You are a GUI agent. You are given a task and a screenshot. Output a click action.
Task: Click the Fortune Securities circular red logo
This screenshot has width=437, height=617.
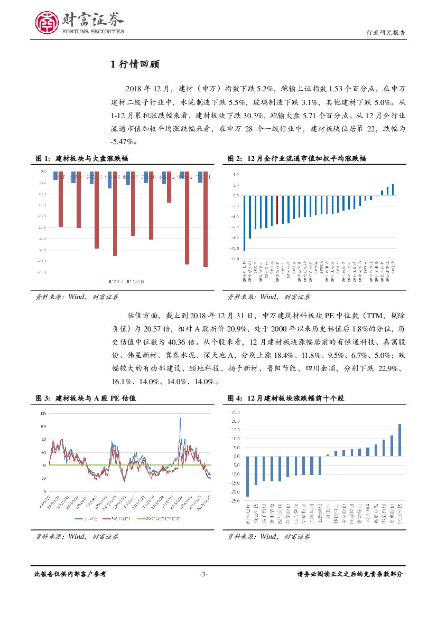[x=47, y=23]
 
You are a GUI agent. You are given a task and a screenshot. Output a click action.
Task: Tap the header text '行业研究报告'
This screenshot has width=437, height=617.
[x=386, y=32]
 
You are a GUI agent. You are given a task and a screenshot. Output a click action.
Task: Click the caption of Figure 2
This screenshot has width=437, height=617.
[x=297, y=158]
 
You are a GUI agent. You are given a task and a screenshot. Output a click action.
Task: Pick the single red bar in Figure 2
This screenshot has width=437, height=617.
[x=277, y=210]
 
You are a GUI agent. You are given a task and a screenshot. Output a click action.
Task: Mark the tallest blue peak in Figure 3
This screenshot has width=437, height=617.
[x=181, y=419]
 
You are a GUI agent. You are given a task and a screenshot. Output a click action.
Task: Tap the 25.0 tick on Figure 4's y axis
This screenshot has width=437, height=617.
[x=235, y=413]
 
